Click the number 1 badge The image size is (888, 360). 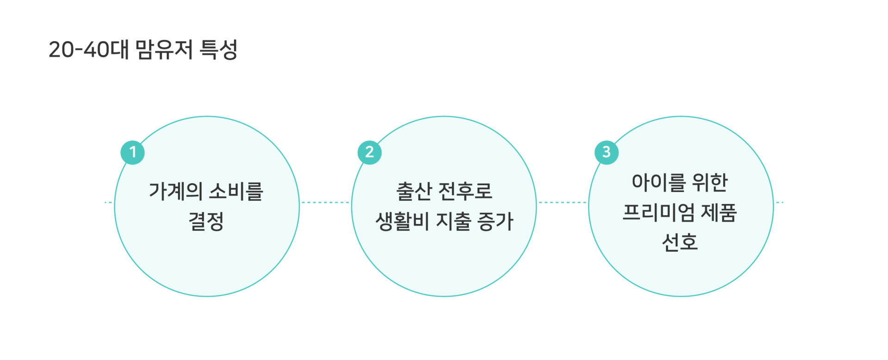click(x=133, y=152)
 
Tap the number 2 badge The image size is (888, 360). click(x=369, y=152)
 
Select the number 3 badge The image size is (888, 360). click(x=606, y=152)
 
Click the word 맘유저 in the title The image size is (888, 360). click(x=164, y=50)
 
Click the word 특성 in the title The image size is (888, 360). click(x=219, y=50)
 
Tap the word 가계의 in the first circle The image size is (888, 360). click(x=175, y=191)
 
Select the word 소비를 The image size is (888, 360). click(x=236, y=191)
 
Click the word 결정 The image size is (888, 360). click(x=206, y=221)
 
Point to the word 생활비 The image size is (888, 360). click(x=402, y=221)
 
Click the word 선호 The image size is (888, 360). click(x=680, y=242)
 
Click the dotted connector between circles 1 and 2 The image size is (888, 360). click(x=325, y=202)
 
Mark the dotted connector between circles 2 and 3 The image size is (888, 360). click(x=562, y=202)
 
